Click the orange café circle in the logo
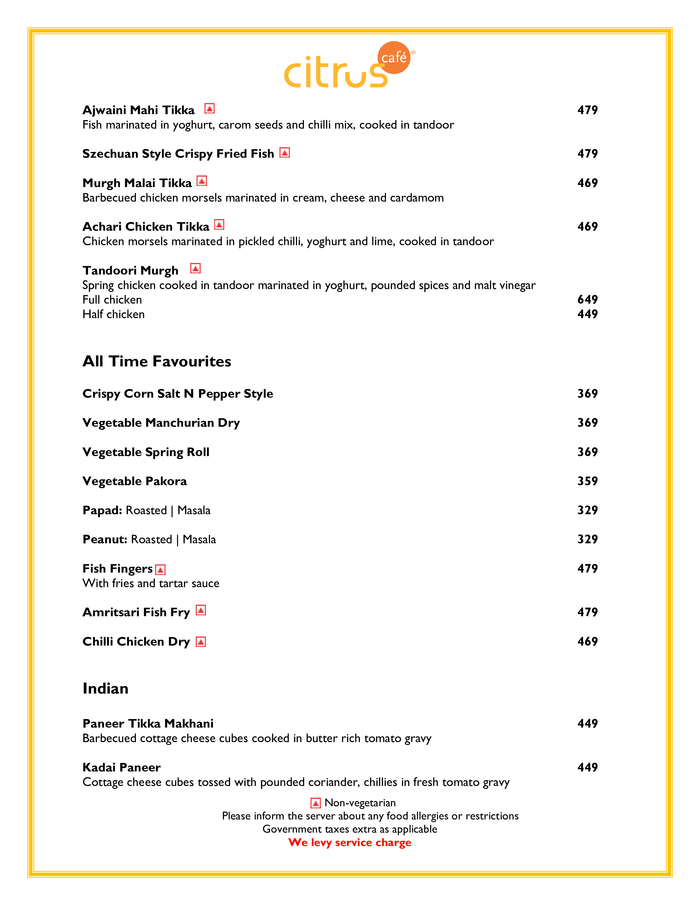pyautogui.click(x=394, y=58)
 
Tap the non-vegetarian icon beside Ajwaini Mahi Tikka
pyautogui.click(x=209, y=109)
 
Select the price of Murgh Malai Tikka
pyautogui.click(x=587, y=183)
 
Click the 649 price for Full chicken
pyautogui.click(x=587, y=299)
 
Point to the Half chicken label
pyautogui.click(x=114, y=314)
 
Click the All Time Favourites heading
pyautogui.click(x=157, y=361)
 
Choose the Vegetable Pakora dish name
pyautogui.click(x=135, y=481)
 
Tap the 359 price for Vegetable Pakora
pyautogui.click(x=587, y=481)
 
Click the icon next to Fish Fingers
pyautogui.click(x=161, y=570)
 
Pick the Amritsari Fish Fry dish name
pyautogui.click(x=136, y=612)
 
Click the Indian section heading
pyautogui.click(x=105, y=689)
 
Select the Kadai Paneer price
pyautogui.click(x=587, y=767)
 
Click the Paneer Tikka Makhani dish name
pyautogui.click(x=148, y=723)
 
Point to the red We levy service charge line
pyautogui.click(x=349, y=842)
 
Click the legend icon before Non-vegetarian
pyautogui.click(x=316, y=803)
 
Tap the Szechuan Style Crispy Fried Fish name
pyautogui.click(x=178, y=154)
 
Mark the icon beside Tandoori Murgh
pyautogui.click(x=195, y=268)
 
